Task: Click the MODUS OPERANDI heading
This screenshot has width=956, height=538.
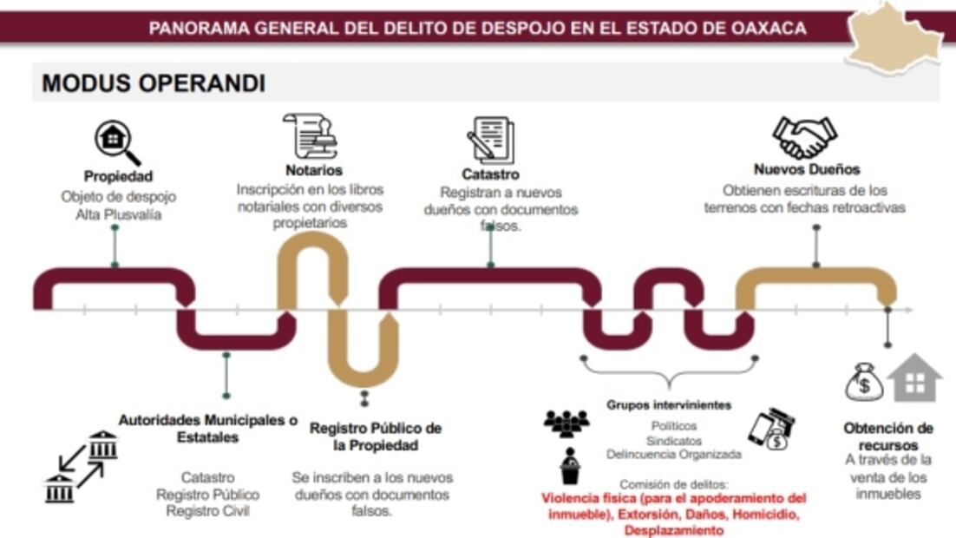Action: [x=153, y=83]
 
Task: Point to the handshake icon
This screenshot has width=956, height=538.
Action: [x=804, y=137]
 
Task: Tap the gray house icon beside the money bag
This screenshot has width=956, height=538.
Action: [x=914, y=378]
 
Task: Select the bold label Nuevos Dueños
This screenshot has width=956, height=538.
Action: [x=806, y=169]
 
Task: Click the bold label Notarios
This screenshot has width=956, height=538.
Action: [x=313, y=170]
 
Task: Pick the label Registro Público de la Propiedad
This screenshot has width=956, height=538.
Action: [x=375, y=436]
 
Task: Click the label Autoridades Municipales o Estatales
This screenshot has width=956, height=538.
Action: [x=207, y=429]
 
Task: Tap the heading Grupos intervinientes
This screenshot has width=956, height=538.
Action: [x=668, y=404]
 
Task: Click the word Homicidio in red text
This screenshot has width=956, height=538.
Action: [x=766, y=515]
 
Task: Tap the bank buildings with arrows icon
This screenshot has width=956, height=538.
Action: [x=80, y=466]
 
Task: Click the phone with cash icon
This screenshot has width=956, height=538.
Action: [x=771, y=430]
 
